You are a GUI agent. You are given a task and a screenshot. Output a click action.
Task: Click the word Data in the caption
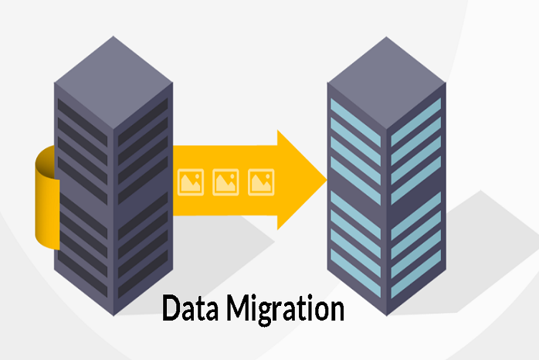coord(190,307)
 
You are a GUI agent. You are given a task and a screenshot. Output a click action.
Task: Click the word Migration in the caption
coord(285,310)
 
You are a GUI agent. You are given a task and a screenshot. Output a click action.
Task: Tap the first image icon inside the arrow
coord(191,182)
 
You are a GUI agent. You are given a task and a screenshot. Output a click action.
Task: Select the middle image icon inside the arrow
coord(225,182)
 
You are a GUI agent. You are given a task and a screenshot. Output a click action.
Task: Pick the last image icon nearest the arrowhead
coord(261,182)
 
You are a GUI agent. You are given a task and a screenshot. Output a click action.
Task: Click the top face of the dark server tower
coord(114,83)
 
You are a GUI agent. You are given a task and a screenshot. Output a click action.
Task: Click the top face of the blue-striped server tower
coord(386,83)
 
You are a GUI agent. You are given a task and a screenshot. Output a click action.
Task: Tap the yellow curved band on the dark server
coord(47,197)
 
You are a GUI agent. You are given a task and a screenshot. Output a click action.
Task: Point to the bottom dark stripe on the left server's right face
coord(143,274)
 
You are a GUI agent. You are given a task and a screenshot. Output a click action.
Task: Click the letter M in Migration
coord(239,307)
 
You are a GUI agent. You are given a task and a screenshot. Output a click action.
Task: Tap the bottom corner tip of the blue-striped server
coord(387,315)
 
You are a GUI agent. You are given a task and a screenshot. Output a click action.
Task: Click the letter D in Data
coord(171,308)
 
